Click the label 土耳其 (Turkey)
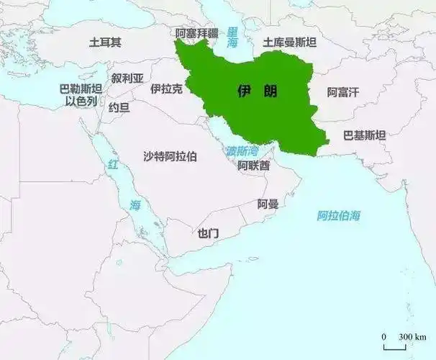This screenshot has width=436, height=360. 105,42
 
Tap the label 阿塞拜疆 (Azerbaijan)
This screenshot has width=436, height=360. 196,33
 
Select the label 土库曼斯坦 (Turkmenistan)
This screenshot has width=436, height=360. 290,42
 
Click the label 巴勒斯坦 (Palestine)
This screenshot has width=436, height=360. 81,89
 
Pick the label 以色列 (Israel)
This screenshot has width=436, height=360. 81,101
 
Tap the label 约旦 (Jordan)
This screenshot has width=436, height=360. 119,108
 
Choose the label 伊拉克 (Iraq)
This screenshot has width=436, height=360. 166,89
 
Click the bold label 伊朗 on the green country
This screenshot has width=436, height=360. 258,91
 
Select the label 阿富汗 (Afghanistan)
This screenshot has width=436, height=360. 342,92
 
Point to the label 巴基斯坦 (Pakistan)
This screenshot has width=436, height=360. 364,135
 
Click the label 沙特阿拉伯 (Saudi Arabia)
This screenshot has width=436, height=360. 170,156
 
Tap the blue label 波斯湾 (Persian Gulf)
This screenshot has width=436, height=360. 242,151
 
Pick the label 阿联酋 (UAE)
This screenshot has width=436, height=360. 254,166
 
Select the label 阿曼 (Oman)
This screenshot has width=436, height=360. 268,204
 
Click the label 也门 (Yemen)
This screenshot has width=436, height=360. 208,233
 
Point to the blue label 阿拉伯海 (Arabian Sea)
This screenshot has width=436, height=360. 339,215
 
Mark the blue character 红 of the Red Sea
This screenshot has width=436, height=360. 112,165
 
